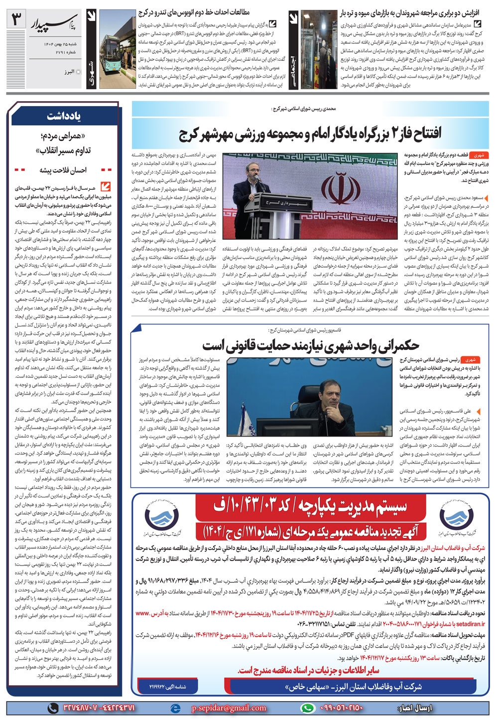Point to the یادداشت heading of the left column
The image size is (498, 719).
[64, 116]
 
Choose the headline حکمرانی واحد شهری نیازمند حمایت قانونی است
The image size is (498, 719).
[311, 345]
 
